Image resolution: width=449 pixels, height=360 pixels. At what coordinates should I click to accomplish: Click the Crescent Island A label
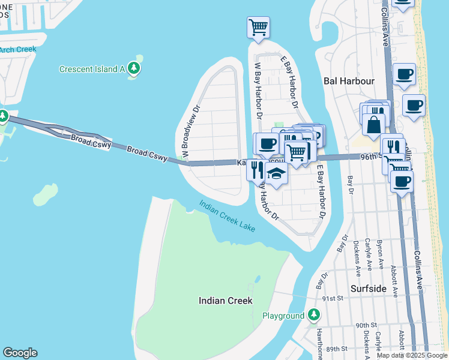tap(91, 69)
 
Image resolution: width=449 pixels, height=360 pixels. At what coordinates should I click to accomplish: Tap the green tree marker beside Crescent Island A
tap(134, 68)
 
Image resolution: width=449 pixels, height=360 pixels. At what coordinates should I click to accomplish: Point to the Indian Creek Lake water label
tap(228, 216)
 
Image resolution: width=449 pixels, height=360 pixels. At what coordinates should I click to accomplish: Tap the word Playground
tap(283, 316)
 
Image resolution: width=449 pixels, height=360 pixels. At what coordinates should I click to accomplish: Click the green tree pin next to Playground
tap(313, 315)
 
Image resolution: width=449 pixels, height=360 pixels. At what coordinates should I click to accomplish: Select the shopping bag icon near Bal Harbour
tap(373, 125)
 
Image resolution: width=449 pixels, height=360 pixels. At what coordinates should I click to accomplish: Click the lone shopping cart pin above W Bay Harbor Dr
tap(258, 26)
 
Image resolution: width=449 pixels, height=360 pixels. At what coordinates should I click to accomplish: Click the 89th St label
tap(337, 349)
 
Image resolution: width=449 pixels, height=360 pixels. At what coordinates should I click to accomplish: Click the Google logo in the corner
tap(20, 353)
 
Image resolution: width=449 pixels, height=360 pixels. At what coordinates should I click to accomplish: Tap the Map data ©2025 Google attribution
tap(412, 355)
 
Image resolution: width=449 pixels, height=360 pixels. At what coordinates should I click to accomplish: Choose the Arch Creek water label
tap(18, 50)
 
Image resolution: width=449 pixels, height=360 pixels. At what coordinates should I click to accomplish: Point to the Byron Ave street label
tap(379, 254)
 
